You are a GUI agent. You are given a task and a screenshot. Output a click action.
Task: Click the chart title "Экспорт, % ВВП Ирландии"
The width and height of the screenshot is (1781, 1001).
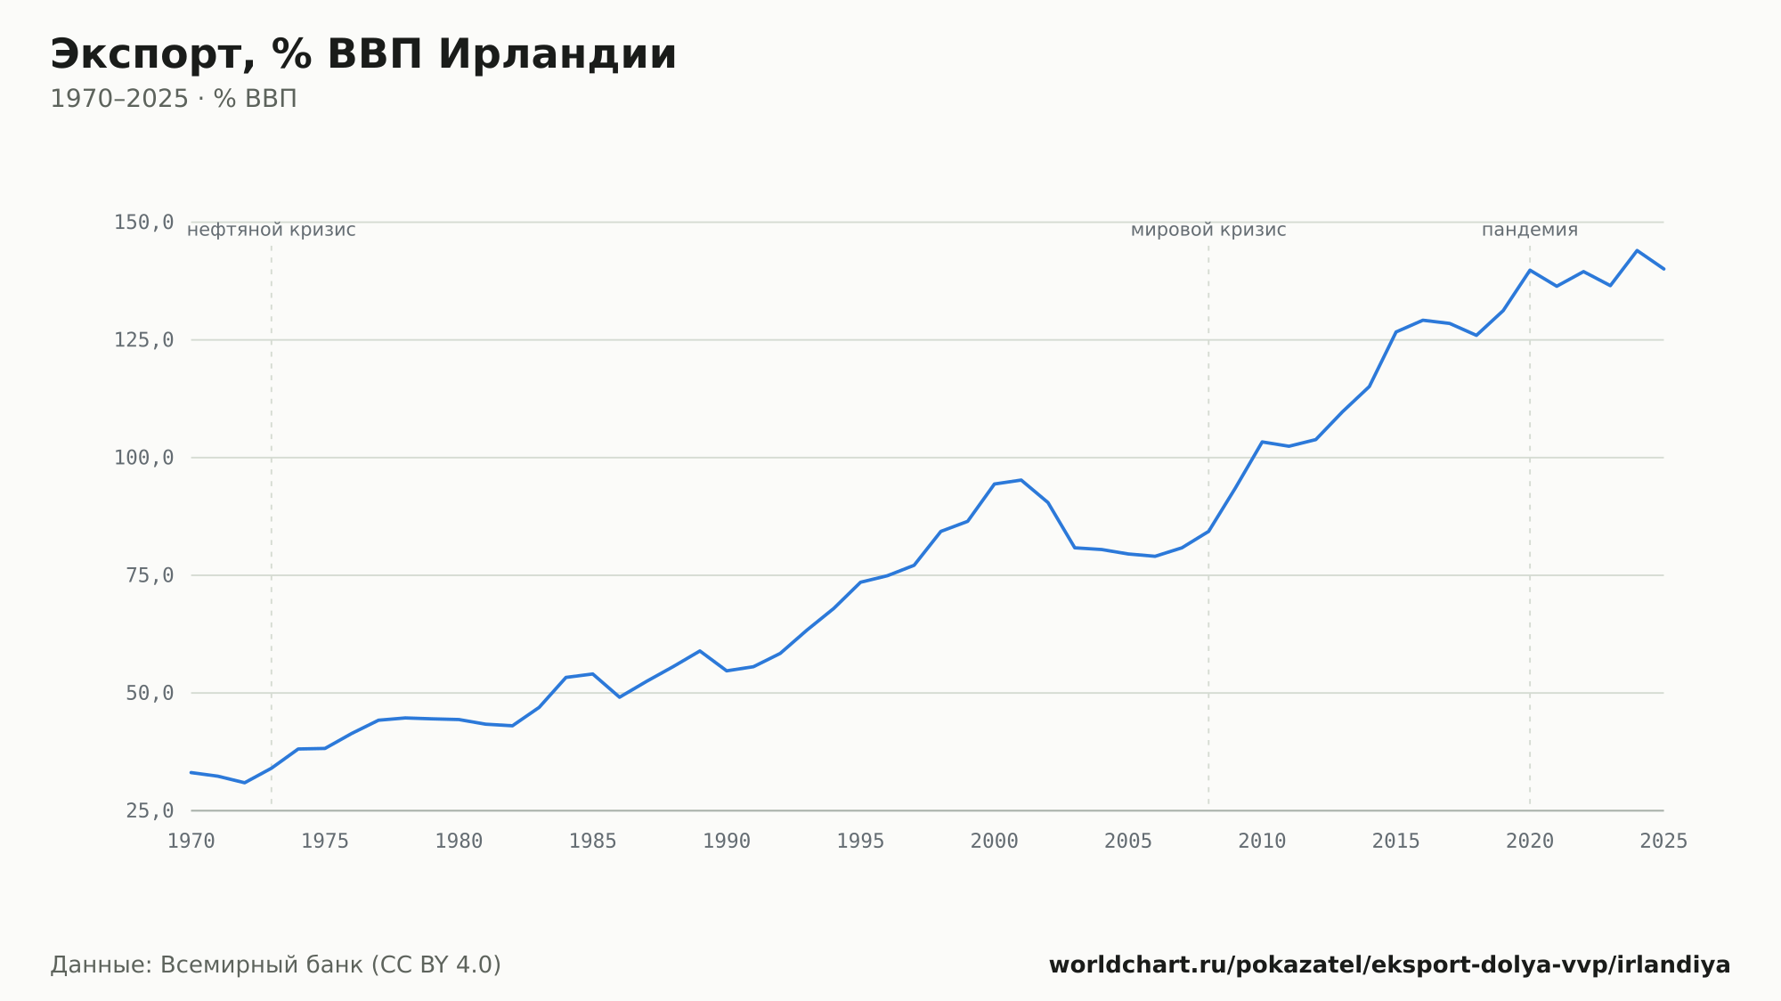click(x=363, y=55)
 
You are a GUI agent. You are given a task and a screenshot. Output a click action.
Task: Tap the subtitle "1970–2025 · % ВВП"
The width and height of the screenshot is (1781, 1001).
click(x=174, y=99)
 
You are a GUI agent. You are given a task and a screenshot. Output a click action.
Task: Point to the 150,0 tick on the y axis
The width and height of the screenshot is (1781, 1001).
click(x=143, y=223)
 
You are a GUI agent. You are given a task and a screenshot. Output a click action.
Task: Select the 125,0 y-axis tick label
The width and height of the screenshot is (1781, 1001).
click(x=143, y=340)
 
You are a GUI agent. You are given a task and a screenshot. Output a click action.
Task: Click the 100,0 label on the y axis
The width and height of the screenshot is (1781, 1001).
click(x=143, y=458)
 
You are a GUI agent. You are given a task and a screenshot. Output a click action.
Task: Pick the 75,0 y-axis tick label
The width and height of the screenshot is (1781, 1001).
click(x=150, y=575)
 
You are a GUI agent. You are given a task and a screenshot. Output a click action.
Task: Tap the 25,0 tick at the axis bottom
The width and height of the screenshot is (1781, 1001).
click(x=150, y=810)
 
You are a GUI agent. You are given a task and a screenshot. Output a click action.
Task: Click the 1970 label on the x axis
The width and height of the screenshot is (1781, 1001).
click(x=191, y=842)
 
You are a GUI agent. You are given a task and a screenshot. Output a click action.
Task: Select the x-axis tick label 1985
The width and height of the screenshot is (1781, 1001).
click(x=593, y=842)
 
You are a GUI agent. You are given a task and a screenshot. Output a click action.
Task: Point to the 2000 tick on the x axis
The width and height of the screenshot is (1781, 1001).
click(x=995, y=842)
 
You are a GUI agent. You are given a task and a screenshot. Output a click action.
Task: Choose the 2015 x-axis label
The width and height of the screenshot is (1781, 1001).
click(x=1396, y=842)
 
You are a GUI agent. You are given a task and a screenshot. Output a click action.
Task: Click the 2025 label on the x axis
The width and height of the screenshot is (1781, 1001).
click(x=1663, y=842)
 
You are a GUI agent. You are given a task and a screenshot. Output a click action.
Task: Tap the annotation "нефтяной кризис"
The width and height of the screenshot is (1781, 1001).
click(x=272, y=231)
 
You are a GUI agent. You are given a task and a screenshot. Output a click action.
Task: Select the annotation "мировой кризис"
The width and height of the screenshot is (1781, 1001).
click(x=1208, y=231)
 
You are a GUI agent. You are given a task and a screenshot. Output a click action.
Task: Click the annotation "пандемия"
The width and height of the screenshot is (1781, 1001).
click(x=1530, y=231)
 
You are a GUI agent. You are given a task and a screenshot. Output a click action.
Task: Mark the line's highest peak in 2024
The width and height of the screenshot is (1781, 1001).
click(x=1637, y=250)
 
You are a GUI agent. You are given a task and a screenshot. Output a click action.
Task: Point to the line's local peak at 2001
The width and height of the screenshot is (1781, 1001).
click(x=1021, y=480)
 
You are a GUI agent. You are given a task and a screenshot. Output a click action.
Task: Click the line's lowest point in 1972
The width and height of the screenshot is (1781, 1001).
click(x=245, y=783)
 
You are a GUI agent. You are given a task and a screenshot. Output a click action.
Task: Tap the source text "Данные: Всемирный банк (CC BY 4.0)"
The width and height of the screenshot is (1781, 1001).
click(x=276, y=965)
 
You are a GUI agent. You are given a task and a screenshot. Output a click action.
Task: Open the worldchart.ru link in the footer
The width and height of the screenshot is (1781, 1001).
click(x=1390, y=965)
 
